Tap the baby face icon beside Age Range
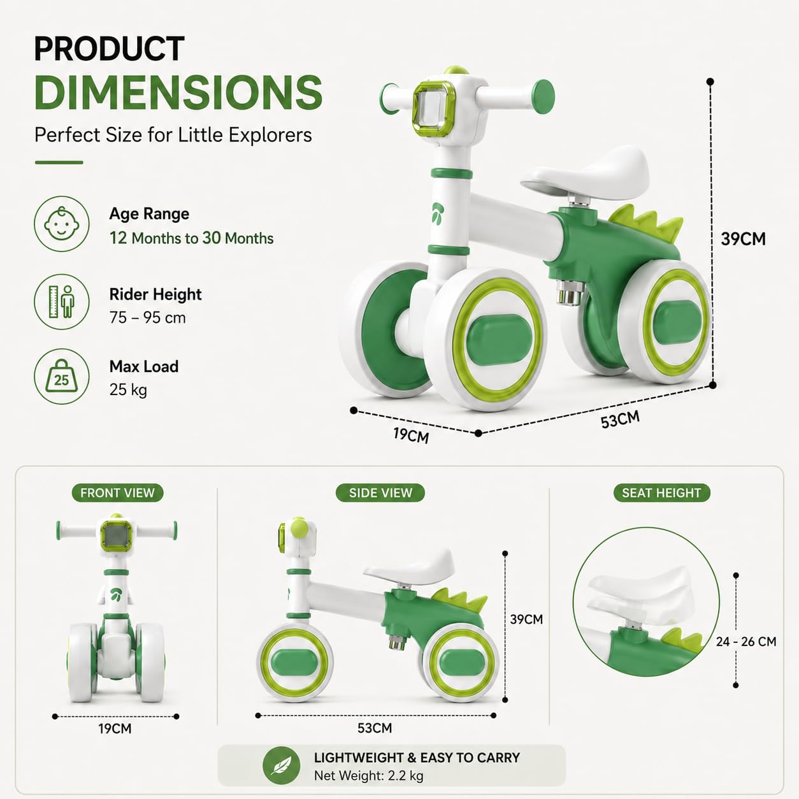click(62, 224)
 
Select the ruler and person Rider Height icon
click(62, 301)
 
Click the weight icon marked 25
click(62, 376)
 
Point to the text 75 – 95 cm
click(148, 317)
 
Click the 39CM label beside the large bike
click(743, 239)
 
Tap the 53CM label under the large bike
click(621, 420)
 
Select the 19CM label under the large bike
click(411, 435)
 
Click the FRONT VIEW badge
click(117, 493)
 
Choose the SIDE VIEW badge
click(380, 493)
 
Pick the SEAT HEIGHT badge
click(661, 493)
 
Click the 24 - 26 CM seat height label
click(746, 642)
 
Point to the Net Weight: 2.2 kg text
click(369, 775)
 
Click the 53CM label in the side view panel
click(375, 728)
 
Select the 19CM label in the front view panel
click(115, 728)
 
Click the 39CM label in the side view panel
click(526, 619)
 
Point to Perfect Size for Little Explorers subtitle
click(173, 134)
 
